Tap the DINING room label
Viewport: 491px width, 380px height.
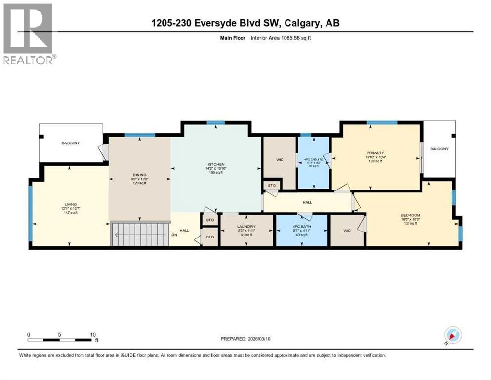click(140, 174)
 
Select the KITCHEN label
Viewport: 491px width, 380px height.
click(216, 164)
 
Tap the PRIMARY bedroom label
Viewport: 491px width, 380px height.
click(375, 153)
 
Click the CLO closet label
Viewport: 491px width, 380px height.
click(210, 237)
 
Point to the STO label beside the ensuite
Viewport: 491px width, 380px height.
click(272, 186)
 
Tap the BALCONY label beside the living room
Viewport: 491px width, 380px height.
click(71, 143)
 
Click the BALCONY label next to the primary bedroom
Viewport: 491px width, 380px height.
click(439, 148)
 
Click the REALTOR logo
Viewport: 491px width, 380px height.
click(28, 34)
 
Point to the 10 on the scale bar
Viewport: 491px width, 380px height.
click(93, 334)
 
